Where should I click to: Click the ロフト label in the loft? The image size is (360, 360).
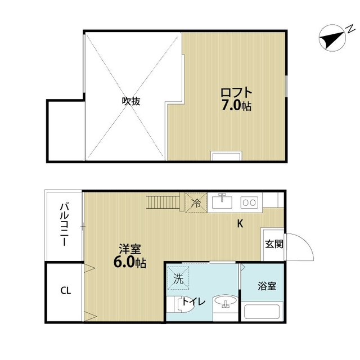(x=236, y=92)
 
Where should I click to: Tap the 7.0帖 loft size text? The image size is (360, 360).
(x=236, y=106)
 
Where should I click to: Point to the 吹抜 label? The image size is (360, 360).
(x=131, y=101)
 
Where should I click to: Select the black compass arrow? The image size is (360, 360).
(x=332, y=38)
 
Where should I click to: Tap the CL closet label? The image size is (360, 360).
(x=66, y=291)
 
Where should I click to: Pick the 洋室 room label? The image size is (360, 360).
(x=130, y=249)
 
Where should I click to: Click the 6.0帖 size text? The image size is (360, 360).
(x=130, y=263)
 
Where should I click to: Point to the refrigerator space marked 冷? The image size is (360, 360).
(x=196, y=202)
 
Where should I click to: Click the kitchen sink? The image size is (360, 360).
(x=222, y=202)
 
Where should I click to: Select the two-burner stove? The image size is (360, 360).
(x=249, y=202)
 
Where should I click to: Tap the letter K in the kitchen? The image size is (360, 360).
(x=240, y=223)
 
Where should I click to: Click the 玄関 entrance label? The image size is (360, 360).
(x=274, y=244)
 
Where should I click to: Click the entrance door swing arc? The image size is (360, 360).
(x=306, y=241)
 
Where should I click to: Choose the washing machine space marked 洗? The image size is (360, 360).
(x=178, y=278)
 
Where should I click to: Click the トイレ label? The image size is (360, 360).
(x=193, y=302)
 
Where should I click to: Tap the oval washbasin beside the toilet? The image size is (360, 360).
(x=226, y=301)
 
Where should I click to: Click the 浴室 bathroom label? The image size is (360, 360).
(x=267, y=286)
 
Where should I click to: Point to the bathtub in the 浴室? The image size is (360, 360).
(x=262, y=312)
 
